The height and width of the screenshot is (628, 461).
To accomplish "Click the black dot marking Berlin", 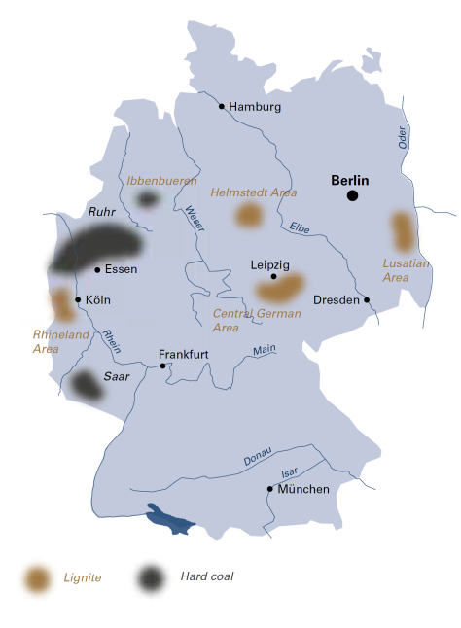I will pyautogui.click(x=352, y=196).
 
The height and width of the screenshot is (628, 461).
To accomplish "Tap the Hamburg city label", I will pyautogui.click(x=255, y=106).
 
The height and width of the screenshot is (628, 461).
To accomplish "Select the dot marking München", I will pyautogui.click(x=269, y=489).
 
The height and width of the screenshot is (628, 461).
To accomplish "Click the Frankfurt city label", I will pyautogui.click(x=184, y=354).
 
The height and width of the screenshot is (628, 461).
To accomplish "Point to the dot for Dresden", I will pyautogui.click(x=367, y=300).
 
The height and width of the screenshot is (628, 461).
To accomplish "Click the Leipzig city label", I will pyautogui.click(x=271, y=264).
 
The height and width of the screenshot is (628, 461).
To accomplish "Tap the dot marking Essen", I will pyautogui.click(x=97, y=269).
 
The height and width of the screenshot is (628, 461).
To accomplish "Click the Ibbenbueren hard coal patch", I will pyautogui.click(x=147, y=199).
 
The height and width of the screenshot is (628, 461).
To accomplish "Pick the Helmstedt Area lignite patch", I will pyautogui.click(x=249, y=215).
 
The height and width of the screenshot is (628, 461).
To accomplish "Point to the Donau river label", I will pyautogui.click(x=258, y=457).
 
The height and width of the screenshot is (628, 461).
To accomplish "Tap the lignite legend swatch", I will pyautogui.click(x=38, y=578).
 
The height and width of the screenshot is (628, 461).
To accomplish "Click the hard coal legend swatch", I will pyautogui.click(x=150, y=578).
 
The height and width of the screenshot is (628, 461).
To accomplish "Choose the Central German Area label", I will pyautogui.click(x=248, y=321).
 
